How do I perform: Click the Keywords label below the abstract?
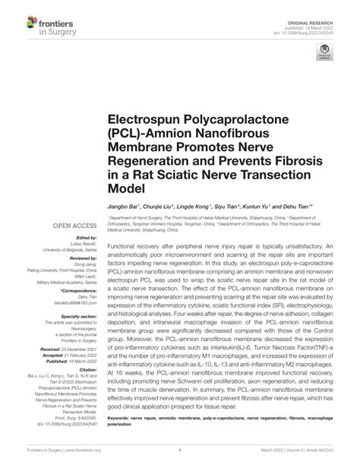tap(124, 419)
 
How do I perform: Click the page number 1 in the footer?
tap(180, 459)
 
